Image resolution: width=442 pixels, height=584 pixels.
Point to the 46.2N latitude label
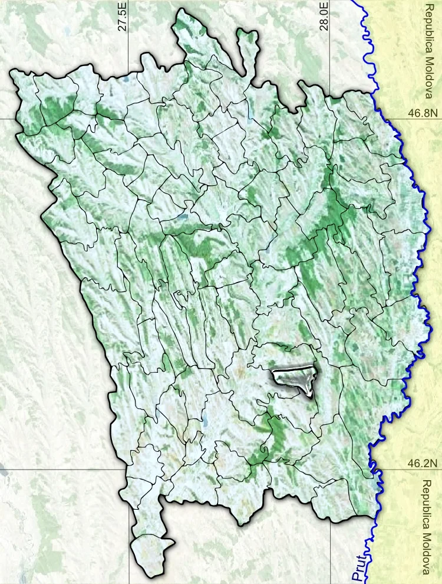(x=423, y=463)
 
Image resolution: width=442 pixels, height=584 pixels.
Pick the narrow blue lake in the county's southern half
(x=206, y=422)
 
